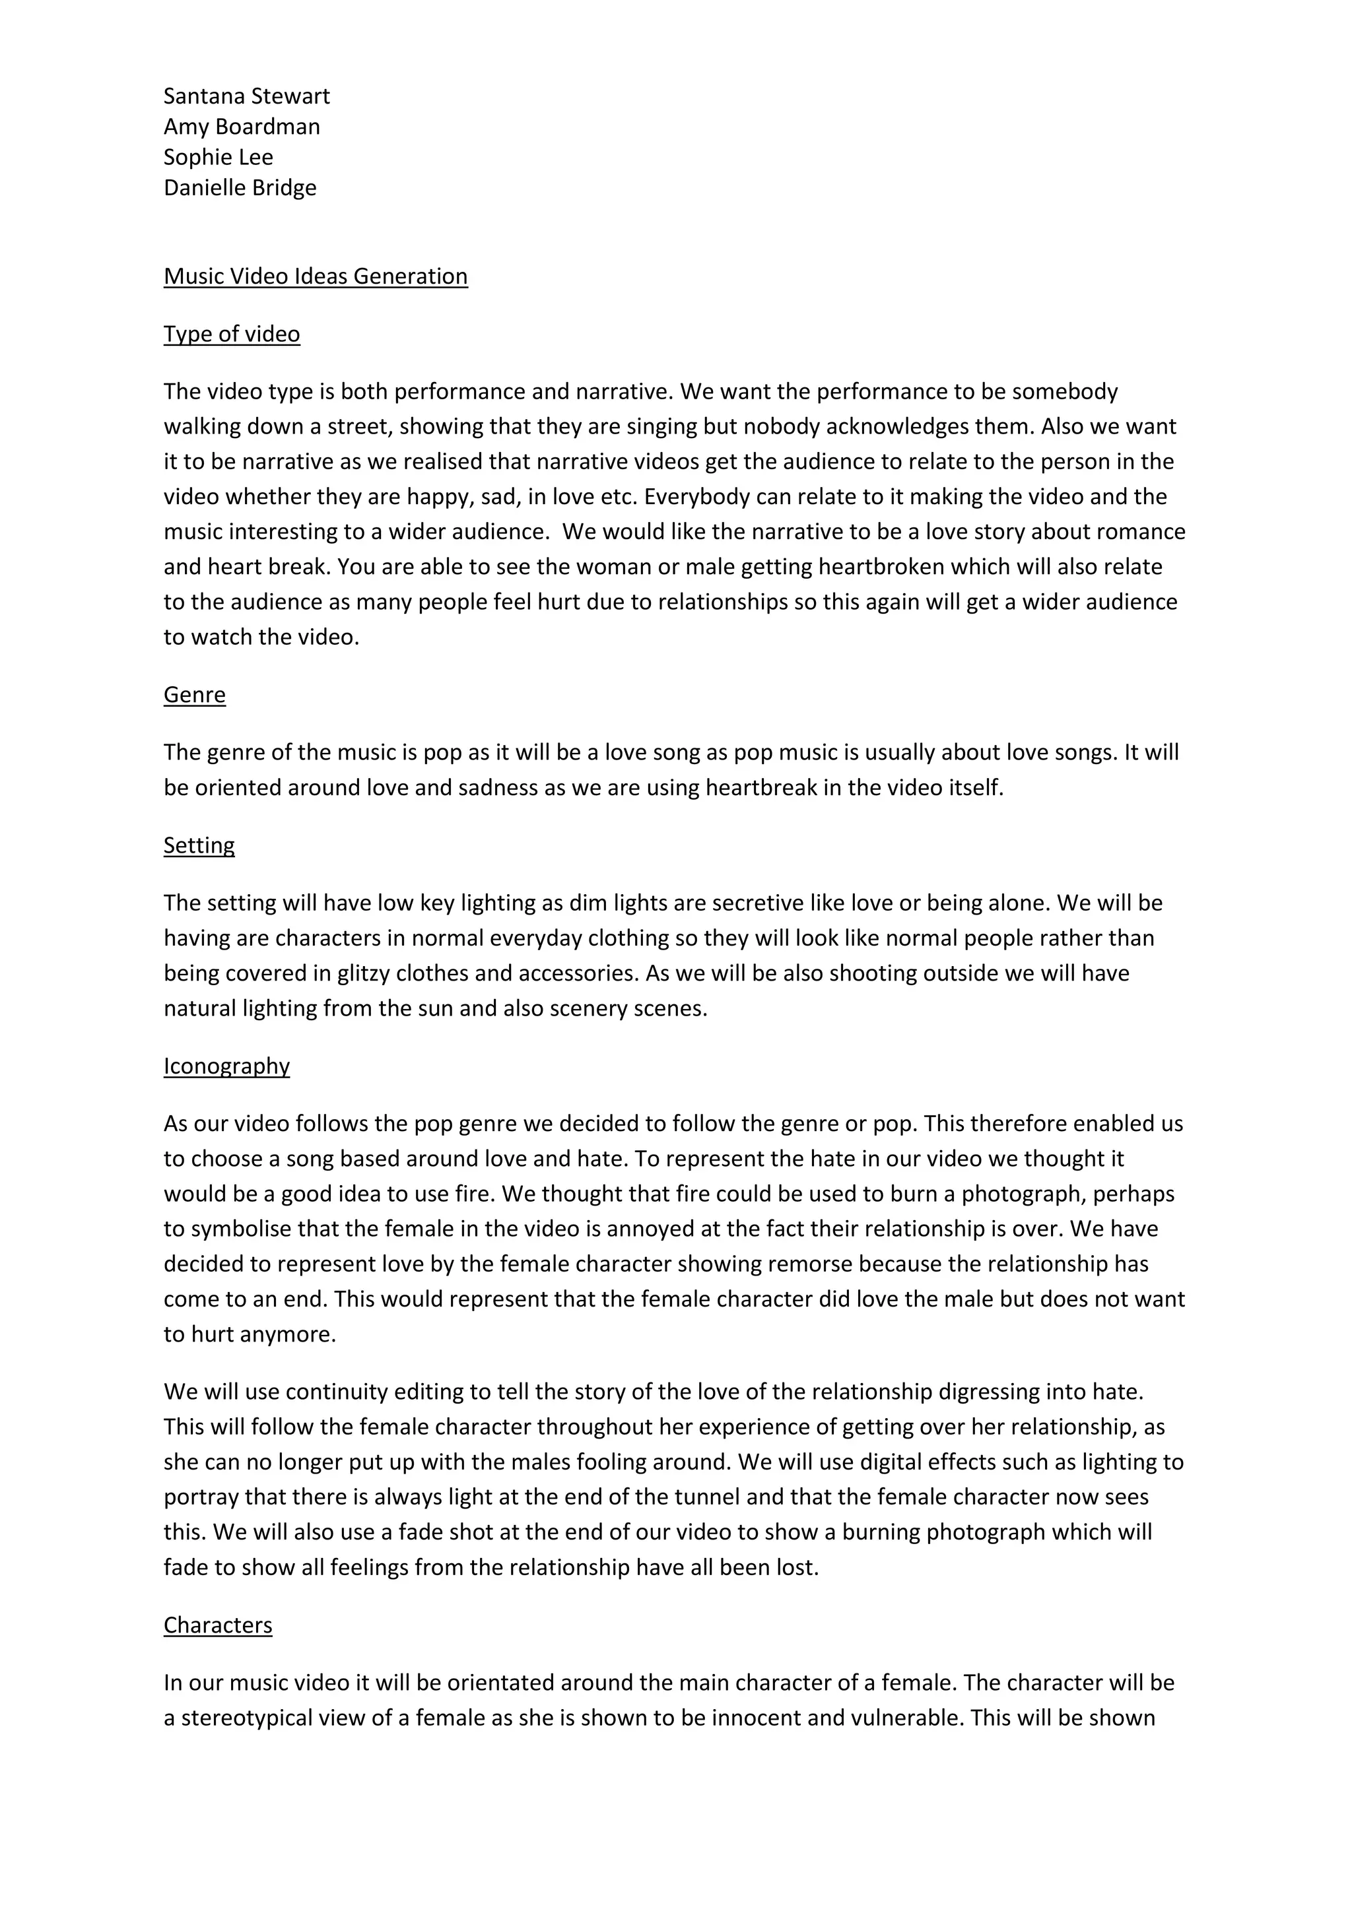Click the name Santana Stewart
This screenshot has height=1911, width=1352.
pyautogui.click(x=246, y=96)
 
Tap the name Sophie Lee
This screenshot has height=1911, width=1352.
pyautogui.click(x=218, y=157)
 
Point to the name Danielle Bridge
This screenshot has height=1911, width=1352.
pyautogui.click(x=240, y=187)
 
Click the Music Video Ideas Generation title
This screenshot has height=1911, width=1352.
pyautogui.click(x=316, y=276)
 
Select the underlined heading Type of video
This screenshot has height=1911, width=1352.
pyautogui.click(x=232, y=334)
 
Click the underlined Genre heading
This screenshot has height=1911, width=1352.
pyautogui.click(x=194, y=694)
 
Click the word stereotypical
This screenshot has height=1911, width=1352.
pyautogui.click(x=261, y=1718)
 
